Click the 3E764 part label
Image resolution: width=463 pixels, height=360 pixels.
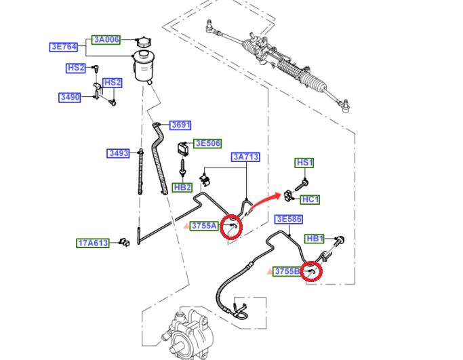[x=64, y=47]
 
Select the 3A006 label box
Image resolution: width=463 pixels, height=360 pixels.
[x=106, y=39]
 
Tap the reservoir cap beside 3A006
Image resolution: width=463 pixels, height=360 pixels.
[x=144, y=42]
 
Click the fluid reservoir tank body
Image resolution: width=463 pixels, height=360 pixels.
[x=144, y=66]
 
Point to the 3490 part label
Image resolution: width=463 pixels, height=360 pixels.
[x=70, y=97]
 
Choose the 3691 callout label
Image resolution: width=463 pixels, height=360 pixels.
[x=180, y=125]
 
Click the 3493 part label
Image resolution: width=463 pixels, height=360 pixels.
[x=118, y=153]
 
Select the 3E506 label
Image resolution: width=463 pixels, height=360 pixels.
[x=207, y=144]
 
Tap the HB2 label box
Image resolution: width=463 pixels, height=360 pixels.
[x=182, y=188]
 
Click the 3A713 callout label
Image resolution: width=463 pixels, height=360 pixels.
[x=245, y=157]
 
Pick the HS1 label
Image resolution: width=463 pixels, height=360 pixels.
[x=304, y=163]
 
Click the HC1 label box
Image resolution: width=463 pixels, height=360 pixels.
[x=310, y=199]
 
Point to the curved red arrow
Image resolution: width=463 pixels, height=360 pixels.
[x=264, y=200]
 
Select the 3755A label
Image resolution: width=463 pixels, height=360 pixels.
[x=204, y=226]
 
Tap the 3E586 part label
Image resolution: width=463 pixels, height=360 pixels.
[x=289, y=220]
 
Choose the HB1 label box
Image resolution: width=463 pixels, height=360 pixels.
[x=315, y=239]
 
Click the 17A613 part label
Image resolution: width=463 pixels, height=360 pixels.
[x=93, y=243]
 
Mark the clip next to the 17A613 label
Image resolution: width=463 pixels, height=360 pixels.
[x=124, y=242]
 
